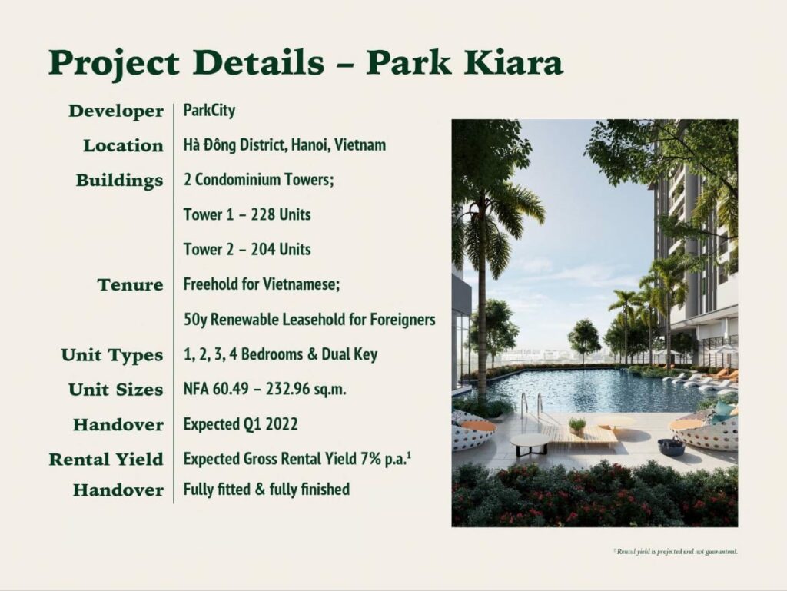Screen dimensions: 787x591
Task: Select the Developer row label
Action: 116,111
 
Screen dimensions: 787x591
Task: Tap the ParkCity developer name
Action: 209,110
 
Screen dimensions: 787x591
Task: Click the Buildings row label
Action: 119,181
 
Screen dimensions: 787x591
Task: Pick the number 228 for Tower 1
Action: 263,214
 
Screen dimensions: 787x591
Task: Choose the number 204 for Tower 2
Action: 263,249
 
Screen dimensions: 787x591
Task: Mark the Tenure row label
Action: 131,285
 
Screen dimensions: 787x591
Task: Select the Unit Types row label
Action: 112,355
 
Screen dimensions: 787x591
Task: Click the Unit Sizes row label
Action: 116,390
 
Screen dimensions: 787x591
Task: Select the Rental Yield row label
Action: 106,460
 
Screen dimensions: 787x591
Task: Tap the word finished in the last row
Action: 325,489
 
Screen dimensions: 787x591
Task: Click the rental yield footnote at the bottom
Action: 676,552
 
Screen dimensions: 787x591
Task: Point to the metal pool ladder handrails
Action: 533,404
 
